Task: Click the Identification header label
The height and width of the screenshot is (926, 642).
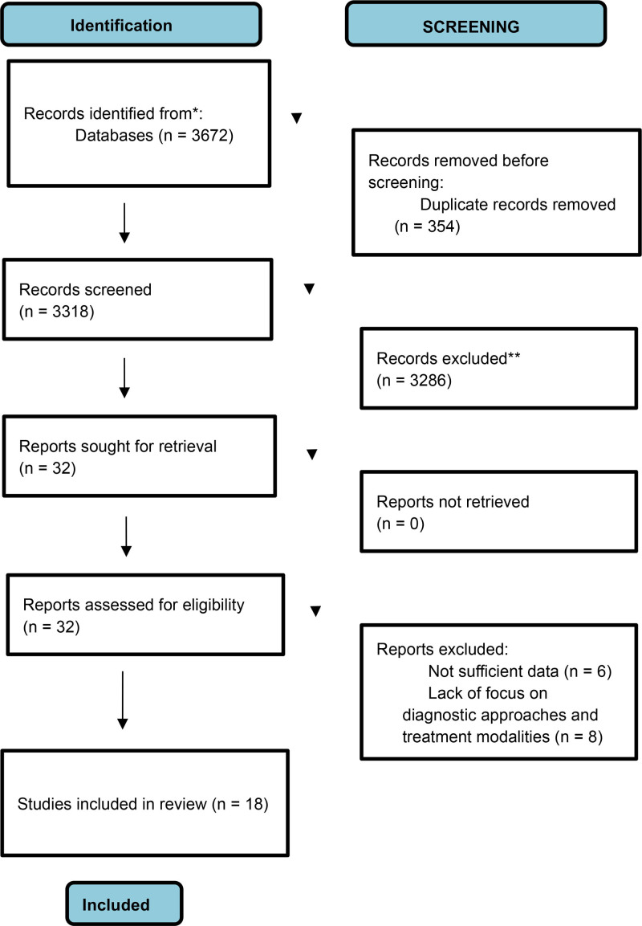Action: (121, 26)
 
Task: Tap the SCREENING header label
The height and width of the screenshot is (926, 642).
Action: (471, 27)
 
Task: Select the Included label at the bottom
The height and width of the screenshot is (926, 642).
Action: (116, 905)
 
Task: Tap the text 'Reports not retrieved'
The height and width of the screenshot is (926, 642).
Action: (453, 501)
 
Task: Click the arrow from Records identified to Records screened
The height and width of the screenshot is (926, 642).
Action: (124, 222)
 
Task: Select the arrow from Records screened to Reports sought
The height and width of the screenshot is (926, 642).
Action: (124, 377)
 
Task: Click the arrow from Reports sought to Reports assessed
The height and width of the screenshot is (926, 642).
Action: (126, 536)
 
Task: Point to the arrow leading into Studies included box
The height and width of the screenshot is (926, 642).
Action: (123, 700)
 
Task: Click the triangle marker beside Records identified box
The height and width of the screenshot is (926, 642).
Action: (297, 118)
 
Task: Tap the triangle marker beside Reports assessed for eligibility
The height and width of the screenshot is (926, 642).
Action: (315, 611)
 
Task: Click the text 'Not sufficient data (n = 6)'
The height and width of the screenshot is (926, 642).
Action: (520, 671)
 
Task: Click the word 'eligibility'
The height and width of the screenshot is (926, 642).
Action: (213, 605)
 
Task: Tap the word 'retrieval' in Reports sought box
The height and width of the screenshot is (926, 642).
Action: (189, 446)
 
